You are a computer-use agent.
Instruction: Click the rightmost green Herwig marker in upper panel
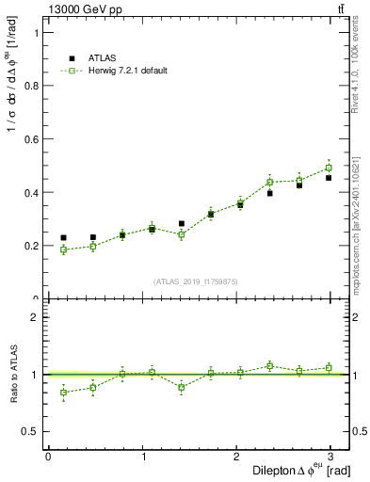point(329,169)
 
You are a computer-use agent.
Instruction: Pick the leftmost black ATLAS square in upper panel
point(63,238)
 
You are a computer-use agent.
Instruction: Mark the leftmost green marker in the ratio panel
point(63,393)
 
